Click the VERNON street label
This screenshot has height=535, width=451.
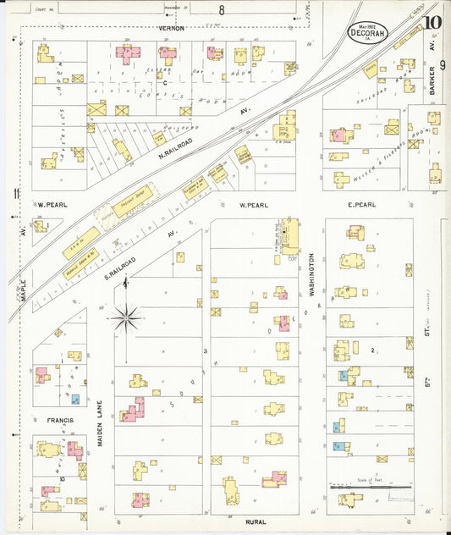(x=171, y=28)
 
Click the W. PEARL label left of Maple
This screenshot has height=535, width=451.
(x=52, y=205)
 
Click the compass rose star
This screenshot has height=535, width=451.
(x=126, y=317)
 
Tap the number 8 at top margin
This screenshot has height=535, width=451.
(x=222, y=11)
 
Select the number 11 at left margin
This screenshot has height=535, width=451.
(x=15, y=194)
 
